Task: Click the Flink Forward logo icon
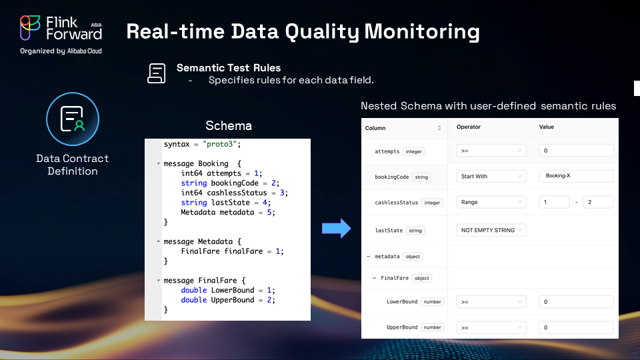click(30, 28)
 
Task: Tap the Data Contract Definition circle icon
click(73, 119)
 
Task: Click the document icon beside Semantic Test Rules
click(156, 73)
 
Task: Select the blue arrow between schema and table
click(336, 228)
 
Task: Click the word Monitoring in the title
click(422, 32)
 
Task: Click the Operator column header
click(468, 127)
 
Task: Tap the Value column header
click(546, 127)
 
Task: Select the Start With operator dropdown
click(491, 176)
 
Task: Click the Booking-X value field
click(576, 176)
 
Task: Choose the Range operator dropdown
click(491, 202)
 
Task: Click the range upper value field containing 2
click(599, 202)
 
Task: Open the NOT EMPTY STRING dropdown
click(491, 230)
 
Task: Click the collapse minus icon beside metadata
click(368, 256)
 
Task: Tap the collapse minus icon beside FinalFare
click(374, 278)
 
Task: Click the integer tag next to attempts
click(413, 151)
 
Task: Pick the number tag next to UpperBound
click(432, 327)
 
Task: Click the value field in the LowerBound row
click(576, 301)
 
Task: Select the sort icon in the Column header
click(439, 128)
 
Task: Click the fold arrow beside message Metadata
click(159, 241)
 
